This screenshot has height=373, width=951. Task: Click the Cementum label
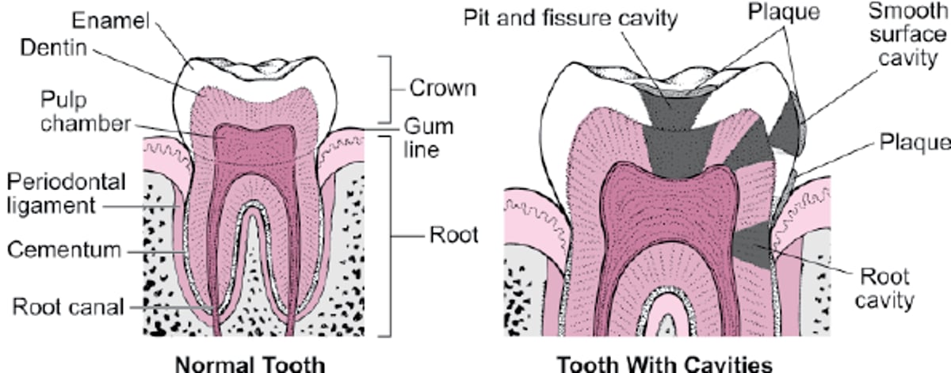click(x=64, y=250)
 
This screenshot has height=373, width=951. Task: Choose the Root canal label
click(x=67, y=306)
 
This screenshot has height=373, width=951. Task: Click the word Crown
click(x=442, y=87)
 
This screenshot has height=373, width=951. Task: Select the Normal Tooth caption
click(x=250, y=363)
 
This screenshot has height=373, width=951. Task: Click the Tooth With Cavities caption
click(x=663, y=363)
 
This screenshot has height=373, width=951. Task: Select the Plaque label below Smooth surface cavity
click(x=913, y=143)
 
